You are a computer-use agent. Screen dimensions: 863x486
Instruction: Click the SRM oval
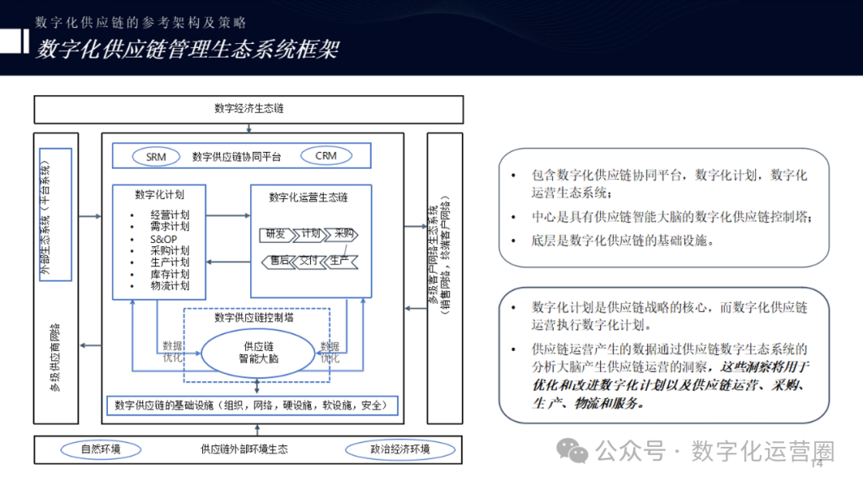(156, 157)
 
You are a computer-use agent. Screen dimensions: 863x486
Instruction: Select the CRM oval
(326, 156)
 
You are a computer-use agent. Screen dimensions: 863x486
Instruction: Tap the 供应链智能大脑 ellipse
(258, 353)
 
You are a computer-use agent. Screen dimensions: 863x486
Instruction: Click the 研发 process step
(275, 234)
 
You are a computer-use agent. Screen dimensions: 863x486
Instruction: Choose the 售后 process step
(278, 261)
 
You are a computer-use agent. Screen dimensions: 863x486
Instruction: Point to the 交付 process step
(309, 261)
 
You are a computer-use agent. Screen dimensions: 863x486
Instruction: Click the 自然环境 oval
(101, 449)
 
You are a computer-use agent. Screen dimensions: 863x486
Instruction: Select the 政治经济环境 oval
(400, 449)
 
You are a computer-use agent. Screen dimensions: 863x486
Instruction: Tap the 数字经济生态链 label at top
(249, 109)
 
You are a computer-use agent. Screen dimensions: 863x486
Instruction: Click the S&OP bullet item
(163, 239)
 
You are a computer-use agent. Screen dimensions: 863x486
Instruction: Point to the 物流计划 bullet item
(169, 286)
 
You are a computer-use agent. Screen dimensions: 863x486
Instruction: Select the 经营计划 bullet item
(169, 215)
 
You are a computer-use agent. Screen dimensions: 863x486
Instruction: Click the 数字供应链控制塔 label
(254, 317)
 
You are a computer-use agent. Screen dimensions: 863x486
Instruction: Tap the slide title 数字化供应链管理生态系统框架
(187, 50)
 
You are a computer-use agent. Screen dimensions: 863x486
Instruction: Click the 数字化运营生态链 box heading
(308, 197)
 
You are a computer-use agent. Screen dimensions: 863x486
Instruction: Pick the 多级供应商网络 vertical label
(55, 357)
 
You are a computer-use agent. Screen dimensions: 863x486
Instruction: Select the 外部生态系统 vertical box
(55, 214)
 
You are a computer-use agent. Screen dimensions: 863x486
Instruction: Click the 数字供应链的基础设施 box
(252, 405)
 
